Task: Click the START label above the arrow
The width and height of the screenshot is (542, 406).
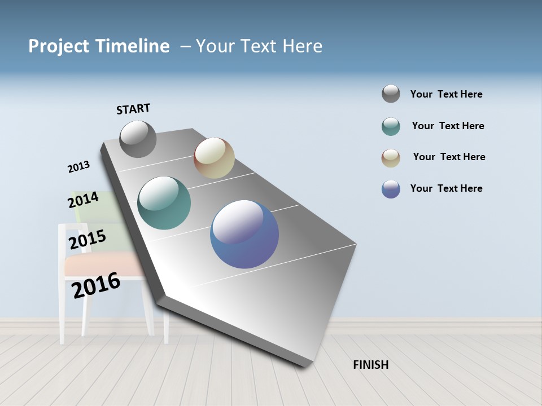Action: click(x=133, y=109)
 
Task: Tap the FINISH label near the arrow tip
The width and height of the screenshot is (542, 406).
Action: click(x=371, y=365)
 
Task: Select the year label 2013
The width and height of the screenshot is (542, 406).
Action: click(x=78, y=167)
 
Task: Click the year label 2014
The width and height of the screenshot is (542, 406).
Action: click(x=84, y=200)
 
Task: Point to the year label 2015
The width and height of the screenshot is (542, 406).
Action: click(x=88, y=240)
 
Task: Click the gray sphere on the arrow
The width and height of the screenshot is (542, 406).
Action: click(x=138, y=139)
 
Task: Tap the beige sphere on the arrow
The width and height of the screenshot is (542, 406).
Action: click(x=214, y=158)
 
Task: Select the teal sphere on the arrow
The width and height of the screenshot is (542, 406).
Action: click(x=164, y=203)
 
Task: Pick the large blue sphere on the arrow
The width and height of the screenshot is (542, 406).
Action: click(x=244, y=234)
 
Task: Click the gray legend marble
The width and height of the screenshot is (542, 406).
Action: click(x=391, y=94)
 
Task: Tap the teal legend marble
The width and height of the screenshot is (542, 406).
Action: click(x=391, y=126)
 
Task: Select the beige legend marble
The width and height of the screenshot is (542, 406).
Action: click(x=391, y=158)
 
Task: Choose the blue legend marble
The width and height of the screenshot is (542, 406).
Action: click(x=391, y=189)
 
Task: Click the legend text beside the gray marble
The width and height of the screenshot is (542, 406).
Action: click(x=446, y=94)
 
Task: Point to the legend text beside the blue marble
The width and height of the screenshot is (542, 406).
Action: click(x=446, y=188)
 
